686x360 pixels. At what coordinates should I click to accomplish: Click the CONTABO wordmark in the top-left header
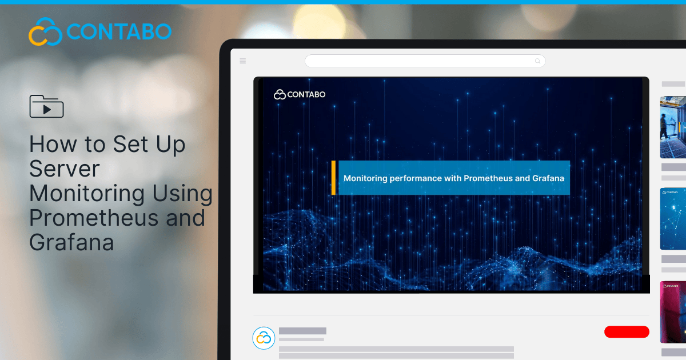coord(119,31)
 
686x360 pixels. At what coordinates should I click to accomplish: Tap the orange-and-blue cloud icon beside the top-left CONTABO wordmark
coord(45,31)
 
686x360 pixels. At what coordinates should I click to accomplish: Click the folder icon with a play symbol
coord(46,106)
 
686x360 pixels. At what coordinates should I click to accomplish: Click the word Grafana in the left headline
coord(71,242)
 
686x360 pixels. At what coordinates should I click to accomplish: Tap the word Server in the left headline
coord(64,169)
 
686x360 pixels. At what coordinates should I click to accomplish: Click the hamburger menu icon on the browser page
coord(243,61)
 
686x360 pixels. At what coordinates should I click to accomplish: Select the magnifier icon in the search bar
coord(537,61)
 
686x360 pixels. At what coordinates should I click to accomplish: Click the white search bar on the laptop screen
coord(423,61)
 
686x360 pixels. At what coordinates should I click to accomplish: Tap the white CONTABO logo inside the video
coord(300,94)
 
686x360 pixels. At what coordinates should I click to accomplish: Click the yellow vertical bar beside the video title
coord(333,178)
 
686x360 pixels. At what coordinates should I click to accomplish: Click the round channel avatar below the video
coord(264,338)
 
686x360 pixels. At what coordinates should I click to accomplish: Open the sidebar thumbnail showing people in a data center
coord(673,127)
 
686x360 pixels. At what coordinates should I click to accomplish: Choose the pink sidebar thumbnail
coord(673,312)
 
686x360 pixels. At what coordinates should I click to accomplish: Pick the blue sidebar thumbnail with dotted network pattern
coord(673,219)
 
